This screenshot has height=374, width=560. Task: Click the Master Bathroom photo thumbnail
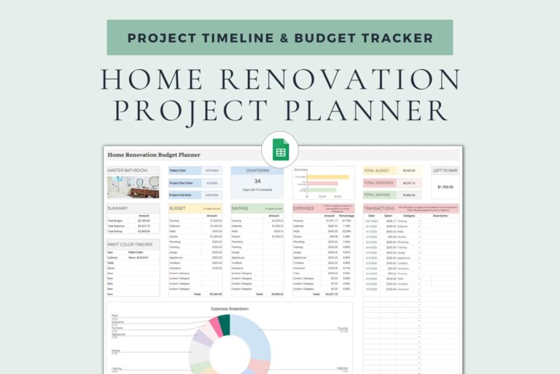[x=133, y=187]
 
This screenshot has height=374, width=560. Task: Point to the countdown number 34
[x=257, y=181]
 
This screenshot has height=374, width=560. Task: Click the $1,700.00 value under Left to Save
[x=445, y=187]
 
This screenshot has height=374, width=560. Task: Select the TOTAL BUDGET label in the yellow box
[x=376, y=171]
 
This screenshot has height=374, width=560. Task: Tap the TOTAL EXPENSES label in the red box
[x=378, y=183]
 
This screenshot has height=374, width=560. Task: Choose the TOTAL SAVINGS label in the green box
[x=377, y=195]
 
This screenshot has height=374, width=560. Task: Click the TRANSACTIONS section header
[x=380, y=208]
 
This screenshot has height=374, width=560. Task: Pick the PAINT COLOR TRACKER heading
[x=130, y=244]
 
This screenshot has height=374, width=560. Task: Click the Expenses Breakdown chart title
[x=230, y=309]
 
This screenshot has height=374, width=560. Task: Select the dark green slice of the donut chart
[x=225, y=324]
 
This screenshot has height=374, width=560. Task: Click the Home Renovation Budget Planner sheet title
[x=154, y=155]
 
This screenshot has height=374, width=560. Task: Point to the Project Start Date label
[x=180, y=182]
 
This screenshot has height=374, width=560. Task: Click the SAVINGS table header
[x=241, y=208]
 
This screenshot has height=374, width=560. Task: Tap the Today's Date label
[x=179, y=171]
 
